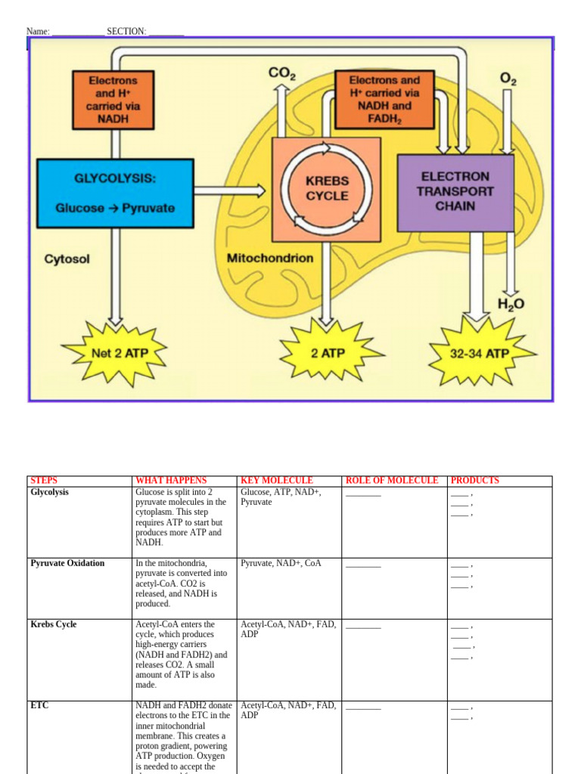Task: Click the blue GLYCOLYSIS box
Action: point(115,192)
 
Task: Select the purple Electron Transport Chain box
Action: point(455,192)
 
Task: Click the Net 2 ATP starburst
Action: point(114,353)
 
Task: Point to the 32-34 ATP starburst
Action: point(480,353)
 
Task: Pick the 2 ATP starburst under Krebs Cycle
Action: point(328,353)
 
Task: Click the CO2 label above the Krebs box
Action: point(281,74)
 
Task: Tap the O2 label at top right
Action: point(508,77)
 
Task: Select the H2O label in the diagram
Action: point(511,305)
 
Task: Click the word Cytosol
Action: point(67,259)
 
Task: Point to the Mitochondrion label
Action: point(270,259)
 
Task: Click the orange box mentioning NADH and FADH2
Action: point(384,99)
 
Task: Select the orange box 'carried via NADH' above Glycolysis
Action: point(113,99)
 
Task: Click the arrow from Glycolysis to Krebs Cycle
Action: point(231,191)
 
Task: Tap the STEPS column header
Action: point(44,480)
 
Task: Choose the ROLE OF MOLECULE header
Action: point(391,480)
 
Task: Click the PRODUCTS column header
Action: point(475,480)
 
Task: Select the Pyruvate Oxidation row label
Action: point(67,563)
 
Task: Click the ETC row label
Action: point(39,705)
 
